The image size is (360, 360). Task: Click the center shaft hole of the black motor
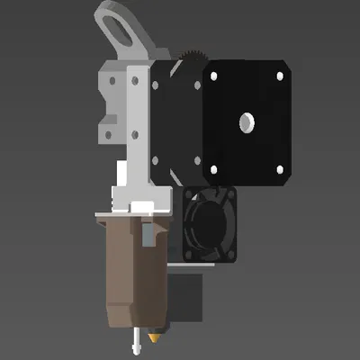coord(246,121)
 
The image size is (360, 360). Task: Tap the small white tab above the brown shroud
coord(143,206)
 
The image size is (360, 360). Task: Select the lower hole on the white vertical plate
coord(134,135)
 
